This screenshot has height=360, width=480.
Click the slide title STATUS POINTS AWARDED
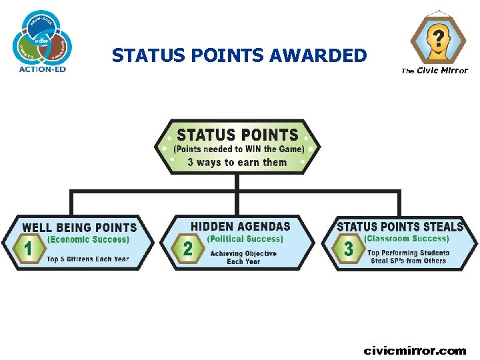(239, 55)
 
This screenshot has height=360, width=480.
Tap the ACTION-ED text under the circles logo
(42, 68)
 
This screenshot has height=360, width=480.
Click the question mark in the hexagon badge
(437, 35)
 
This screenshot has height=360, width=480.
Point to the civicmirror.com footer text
(415, 351)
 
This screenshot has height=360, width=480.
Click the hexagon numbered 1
(29, 249)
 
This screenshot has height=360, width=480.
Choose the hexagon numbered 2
(188, 249)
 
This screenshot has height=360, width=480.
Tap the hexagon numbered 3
(348, 249)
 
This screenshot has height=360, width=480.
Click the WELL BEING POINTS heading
(79, 228)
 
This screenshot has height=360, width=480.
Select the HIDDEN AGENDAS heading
(241, 227)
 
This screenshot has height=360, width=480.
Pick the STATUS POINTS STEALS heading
(400, 227)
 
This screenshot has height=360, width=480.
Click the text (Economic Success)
(88, 239)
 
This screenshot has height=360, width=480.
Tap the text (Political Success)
(245, 239)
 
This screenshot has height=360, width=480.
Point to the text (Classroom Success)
(407, 238)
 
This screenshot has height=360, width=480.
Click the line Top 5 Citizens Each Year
(88, 259)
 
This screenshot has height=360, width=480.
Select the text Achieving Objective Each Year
(243, 257)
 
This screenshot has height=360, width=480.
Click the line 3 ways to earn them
(237, 163)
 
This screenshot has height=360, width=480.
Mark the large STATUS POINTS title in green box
(237, 135)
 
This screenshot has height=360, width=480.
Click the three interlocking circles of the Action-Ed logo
(42, 38)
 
